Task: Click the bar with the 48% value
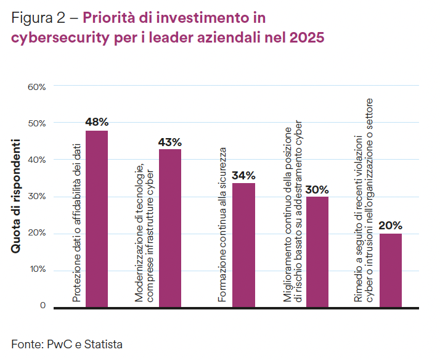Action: (97, 218)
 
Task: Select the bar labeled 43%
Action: (170, 227)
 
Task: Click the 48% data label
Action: (97, 122)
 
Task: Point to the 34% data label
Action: (243, 175)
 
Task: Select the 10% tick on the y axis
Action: (37, 269)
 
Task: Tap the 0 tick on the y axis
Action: (43, 306)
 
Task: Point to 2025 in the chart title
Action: (306, 38)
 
